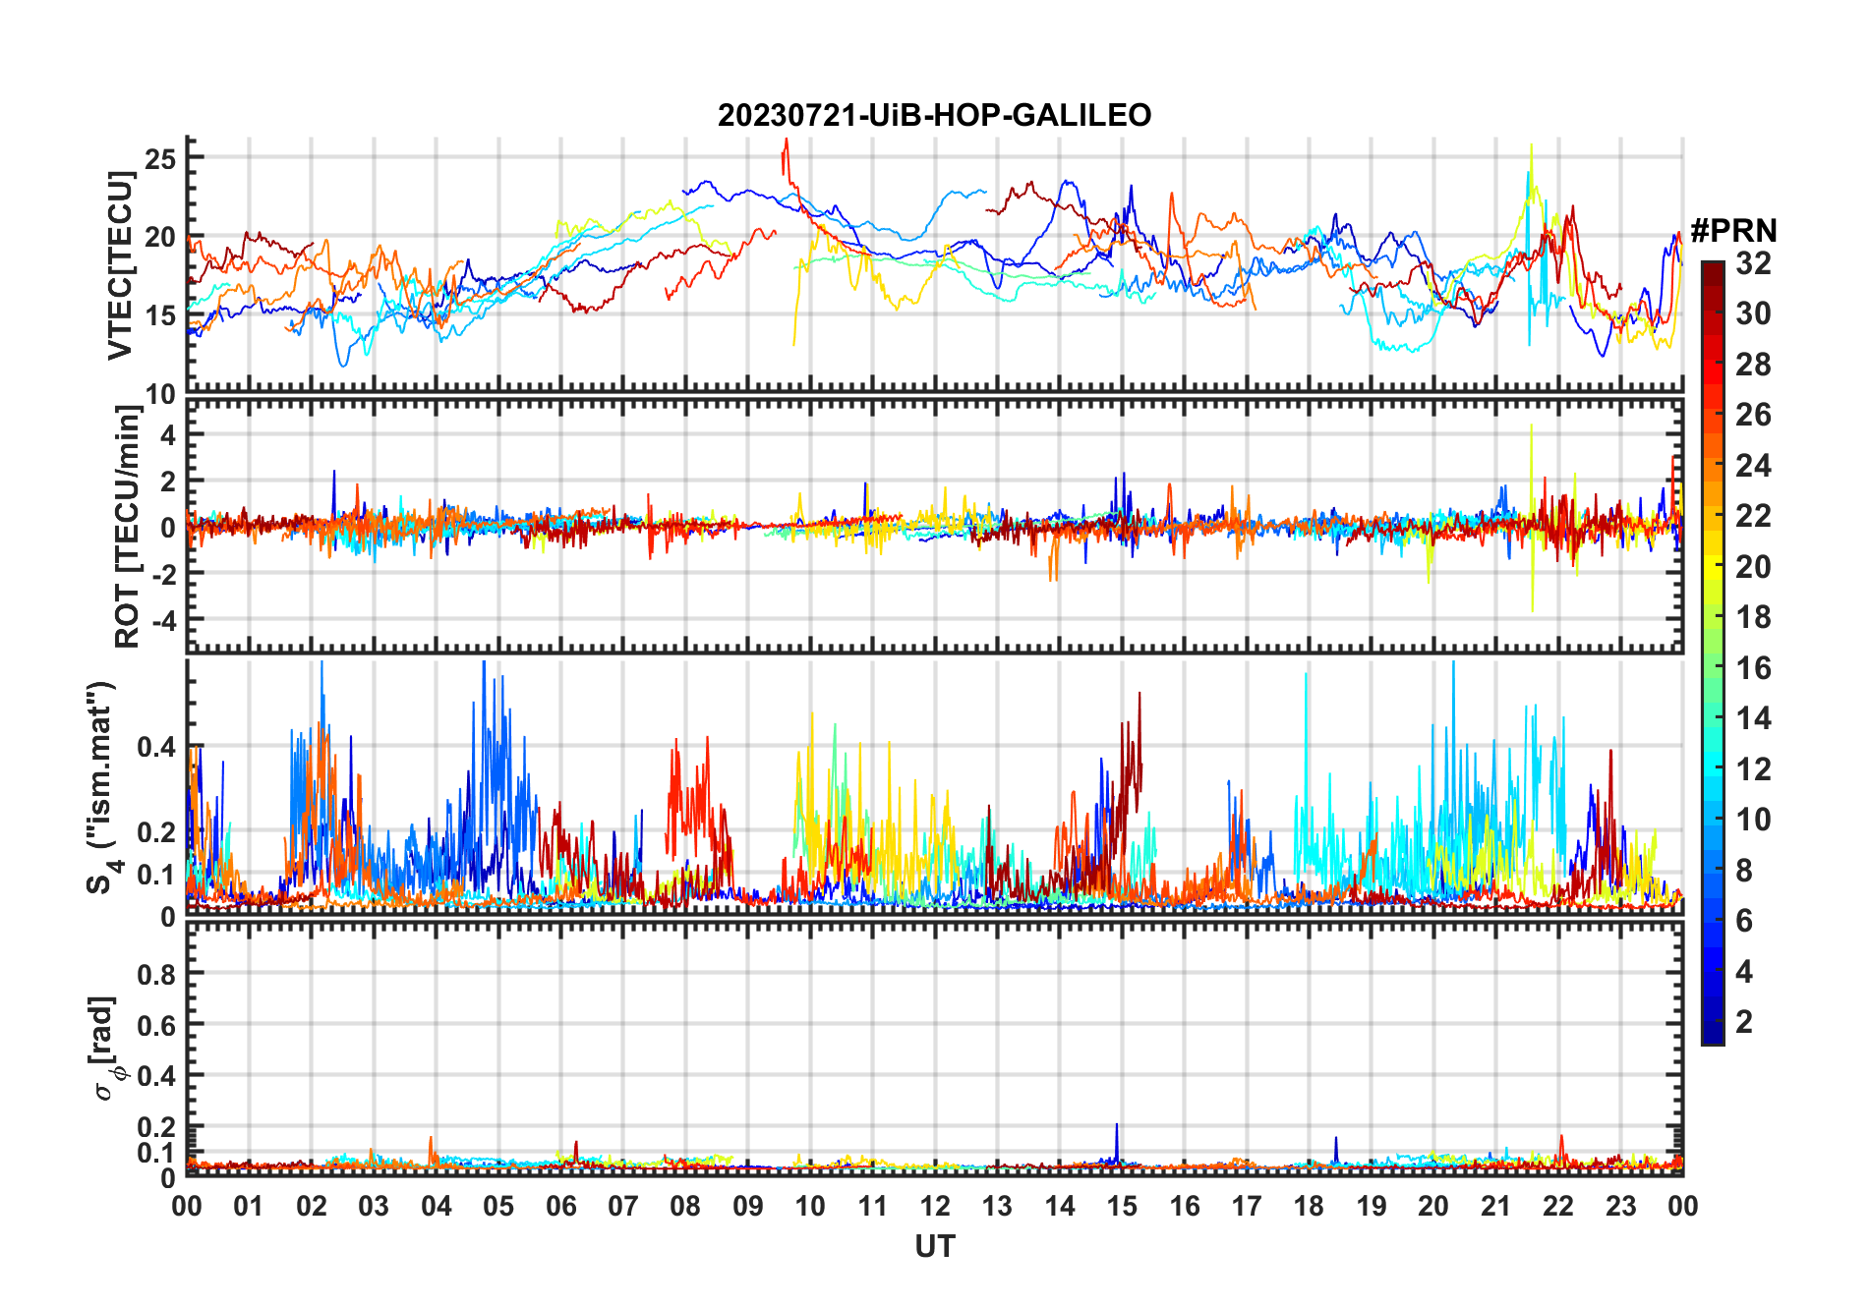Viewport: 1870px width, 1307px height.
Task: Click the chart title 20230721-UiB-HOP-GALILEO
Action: tap(934, 116)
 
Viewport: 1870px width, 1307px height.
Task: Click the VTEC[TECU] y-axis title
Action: tap(121, 265)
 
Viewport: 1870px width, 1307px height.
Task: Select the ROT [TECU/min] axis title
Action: tap(128, 527)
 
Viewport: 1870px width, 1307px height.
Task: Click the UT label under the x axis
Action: tap(934, 1247)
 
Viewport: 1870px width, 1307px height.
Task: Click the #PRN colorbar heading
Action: tap(1733, 231)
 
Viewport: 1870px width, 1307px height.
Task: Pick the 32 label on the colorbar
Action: tap(1753, 263)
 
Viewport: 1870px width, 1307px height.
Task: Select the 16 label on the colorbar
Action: tap(1753, 668)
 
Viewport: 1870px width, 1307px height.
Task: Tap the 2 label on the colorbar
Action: tap(1744, 1022)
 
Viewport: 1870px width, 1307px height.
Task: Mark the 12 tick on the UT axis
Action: tap(935, 1206)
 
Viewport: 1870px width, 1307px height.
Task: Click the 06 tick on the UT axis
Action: tap(561, 1206)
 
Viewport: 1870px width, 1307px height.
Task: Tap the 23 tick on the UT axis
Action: tap(1620, 1206)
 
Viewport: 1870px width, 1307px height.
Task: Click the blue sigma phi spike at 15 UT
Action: tap(1117, 1126)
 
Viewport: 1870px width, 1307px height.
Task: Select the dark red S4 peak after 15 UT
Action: tap(1140, 695)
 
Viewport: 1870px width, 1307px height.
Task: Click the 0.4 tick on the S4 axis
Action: tap(156, 747)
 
